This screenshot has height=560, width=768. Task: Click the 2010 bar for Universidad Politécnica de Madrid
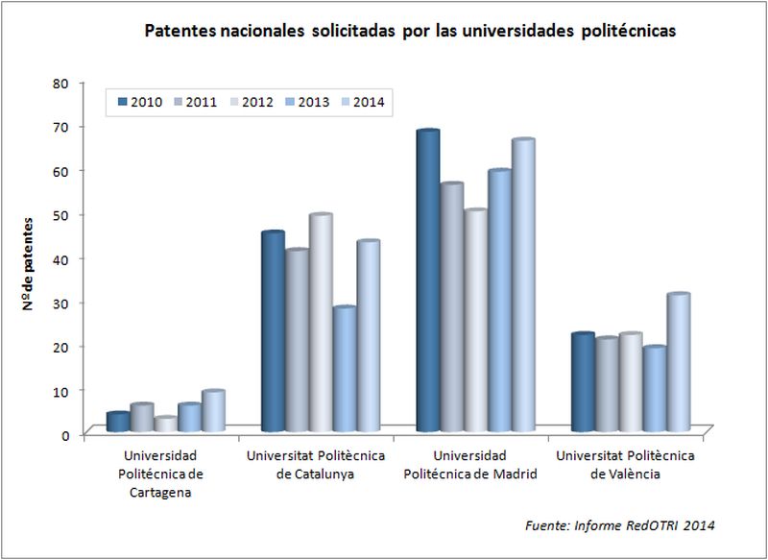pyautogui.click(x=428, y=283)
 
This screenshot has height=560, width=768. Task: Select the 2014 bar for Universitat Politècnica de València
pyautogui.click(x=679, y=365)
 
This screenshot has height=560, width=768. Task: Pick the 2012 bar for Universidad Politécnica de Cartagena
pyautogui.click(x=166, y=426)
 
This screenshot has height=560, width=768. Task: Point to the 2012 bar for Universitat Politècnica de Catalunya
pyautogui.click(x=321, y=326)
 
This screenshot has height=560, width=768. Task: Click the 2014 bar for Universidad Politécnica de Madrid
pyautogui.click(x=523, y=288)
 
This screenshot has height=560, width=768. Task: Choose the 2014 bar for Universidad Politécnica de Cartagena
pyautogui.click(x=213, y=413)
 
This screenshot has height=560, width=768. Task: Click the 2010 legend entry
pyautogui.click(x=138, y=103)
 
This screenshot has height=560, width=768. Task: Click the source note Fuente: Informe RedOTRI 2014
pyautogui.click(x=620, y=525)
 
